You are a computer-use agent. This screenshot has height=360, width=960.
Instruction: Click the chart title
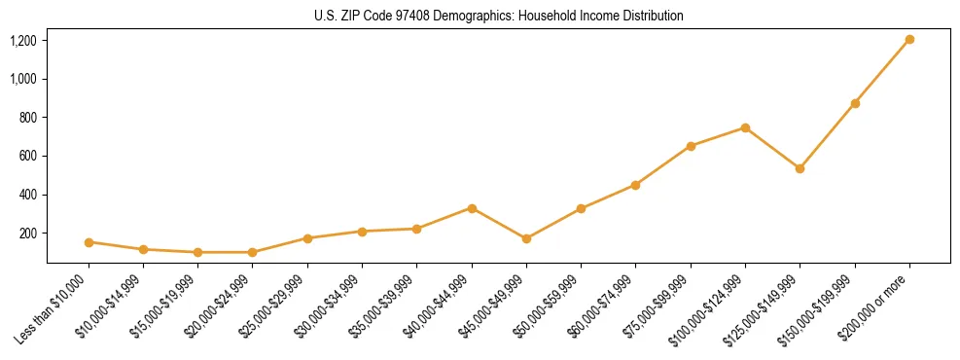click(498, 17)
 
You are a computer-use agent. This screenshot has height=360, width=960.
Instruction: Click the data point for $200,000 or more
click(909, 40)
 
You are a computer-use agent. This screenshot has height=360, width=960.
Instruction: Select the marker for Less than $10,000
click(89, 242)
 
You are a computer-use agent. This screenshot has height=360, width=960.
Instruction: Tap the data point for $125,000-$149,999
click(800, 168)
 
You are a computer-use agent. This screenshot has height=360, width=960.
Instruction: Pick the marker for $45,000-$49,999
click(526, 238)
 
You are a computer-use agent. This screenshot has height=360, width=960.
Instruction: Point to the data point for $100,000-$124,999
click(745, 127)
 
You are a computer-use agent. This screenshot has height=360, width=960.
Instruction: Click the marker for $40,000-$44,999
click(472, 208)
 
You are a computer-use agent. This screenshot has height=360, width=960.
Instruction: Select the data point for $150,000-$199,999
click(855, 103)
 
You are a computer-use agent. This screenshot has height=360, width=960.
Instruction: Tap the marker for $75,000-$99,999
click(691, 146)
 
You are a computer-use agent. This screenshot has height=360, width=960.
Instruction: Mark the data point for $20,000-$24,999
click(253, 252)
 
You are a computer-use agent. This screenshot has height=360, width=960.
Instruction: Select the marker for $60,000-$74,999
click(635, 185)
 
